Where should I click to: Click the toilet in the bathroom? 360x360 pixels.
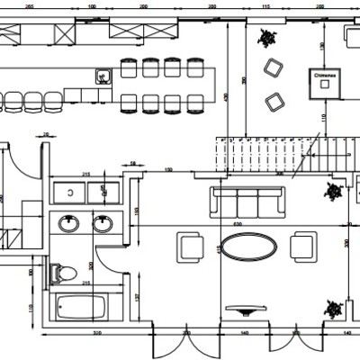(65, 269)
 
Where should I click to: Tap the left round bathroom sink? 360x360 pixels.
(69, 222)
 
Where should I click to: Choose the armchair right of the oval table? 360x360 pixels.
(303, 245)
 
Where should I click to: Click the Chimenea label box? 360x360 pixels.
(325, 81)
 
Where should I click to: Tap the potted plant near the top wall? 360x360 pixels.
(267, 38)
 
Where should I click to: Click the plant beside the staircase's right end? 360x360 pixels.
(333, 190)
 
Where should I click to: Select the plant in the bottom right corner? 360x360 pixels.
(334, 307)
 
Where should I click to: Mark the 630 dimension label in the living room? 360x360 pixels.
(238, 222)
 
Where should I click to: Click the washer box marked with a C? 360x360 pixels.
(70, 191)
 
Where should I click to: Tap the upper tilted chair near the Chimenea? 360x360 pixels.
(271, 67)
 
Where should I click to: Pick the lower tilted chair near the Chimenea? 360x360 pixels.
(273, 99)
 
